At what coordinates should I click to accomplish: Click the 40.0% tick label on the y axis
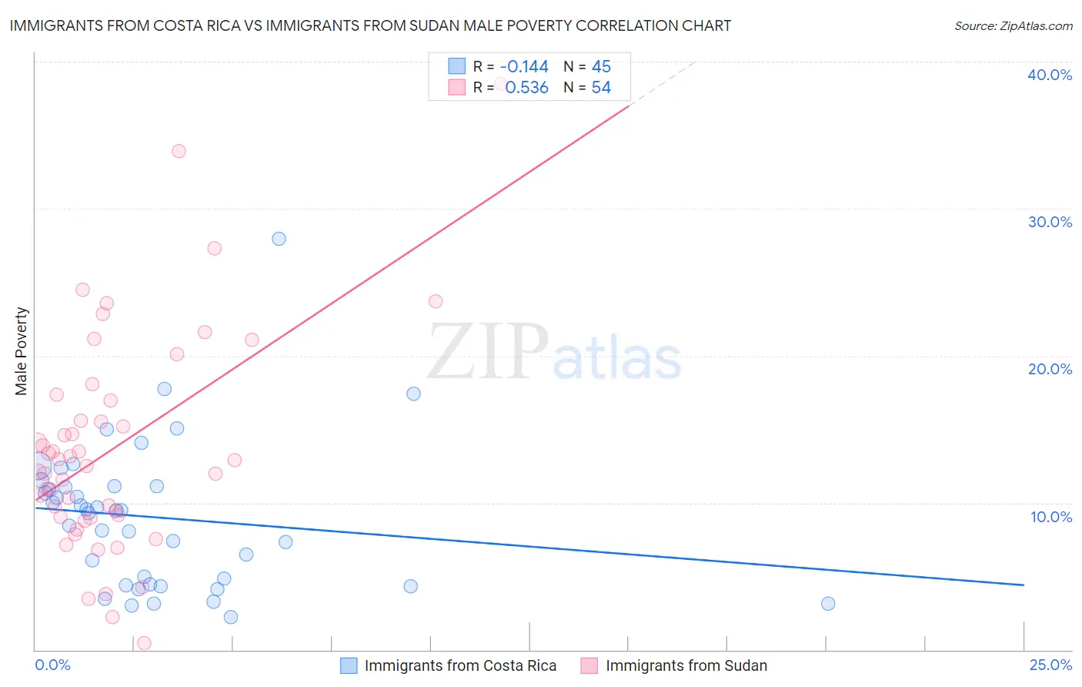(1050, 75)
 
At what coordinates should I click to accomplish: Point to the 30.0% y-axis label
(1050, 222)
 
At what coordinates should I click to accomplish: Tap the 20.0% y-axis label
(1050, 369)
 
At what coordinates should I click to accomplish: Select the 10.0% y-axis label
(1051, 517)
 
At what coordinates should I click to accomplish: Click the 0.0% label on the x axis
(52, 665)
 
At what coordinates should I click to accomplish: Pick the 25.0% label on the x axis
(1050, 665)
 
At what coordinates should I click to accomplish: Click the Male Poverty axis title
(22, 351)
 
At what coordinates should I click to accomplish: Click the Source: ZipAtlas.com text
(1013, 26)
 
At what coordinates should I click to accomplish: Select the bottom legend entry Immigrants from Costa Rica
(459, 665)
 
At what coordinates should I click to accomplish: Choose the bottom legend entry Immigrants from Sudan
(686, 665)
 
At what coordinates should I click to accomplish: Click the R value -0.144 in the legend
(523, 66)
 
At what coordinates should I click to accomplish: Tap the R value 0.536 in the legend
(526, 88)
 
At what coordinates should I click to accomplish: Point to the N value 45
(601, 66)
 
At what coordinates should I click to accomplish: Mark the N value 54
(601, 88)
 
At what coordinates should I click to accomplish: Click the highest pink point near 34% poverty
(179, 151)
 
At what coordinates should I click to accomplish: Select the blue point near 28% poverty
(279, 239)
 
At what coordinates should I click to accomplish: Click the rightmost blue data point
(828, 603)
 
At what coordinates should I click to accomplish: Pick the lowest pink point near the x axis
(144, 643)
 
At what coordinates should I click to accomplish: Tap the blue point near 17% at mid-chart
(413, 394)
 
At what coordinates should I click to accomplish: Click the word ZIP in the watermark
(488, 352)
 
